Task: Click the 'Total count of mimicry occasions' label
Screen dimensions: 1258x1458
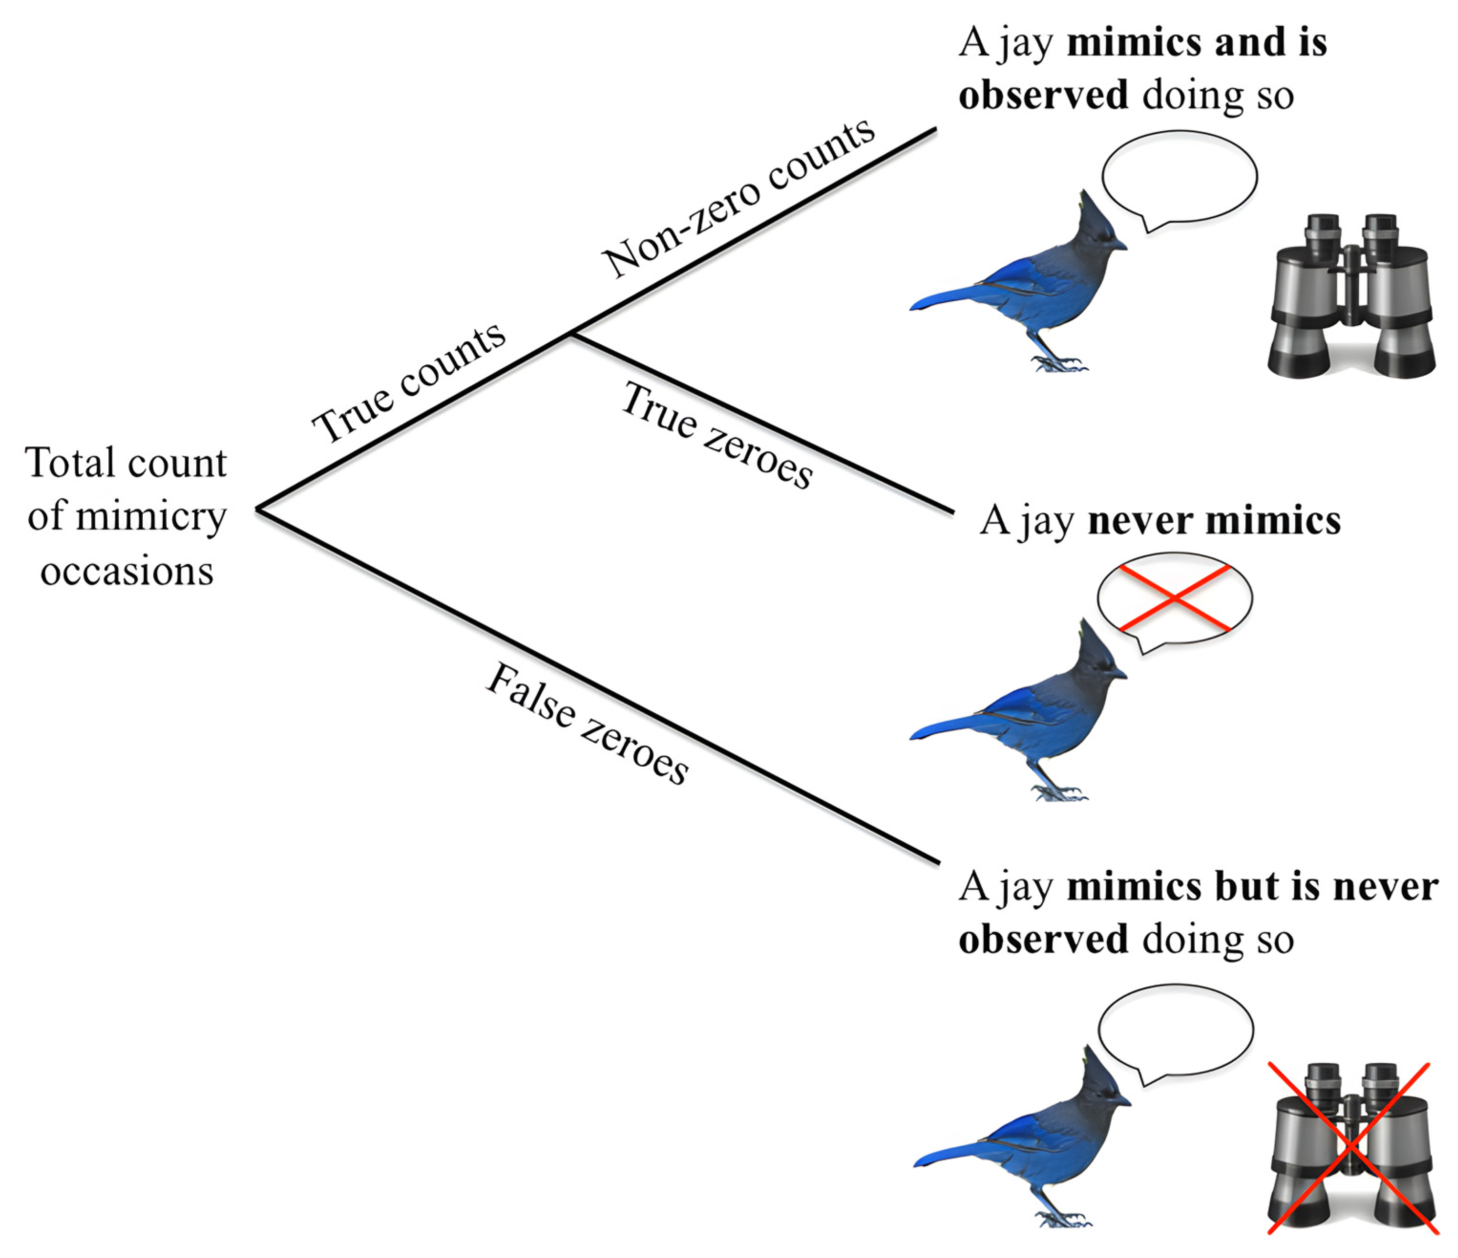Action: tap(126, 516)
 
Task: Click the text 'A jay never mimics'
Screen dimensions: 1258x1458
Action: tap(1160, 521)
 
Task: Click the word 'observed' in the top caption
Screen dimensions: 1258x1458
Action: tap(1043, 95)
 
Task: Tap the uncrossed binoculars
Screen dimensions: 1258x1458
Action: tap(1351, 296)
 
